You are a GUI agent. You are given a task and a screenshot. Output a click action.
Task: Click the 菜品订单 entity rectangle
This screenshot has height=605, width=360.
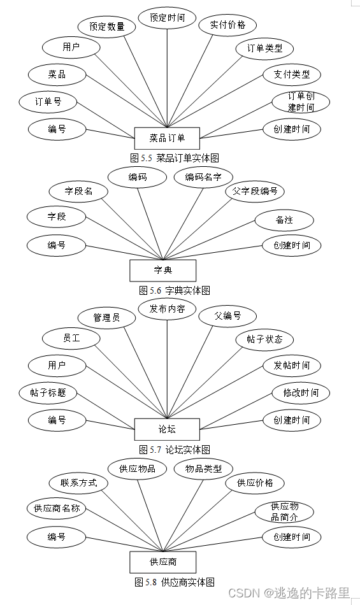[x=168, y=138]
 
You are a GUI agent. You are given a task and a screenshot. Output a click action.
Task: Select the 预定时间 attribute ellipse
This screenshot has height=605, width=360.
[x=168, y=18]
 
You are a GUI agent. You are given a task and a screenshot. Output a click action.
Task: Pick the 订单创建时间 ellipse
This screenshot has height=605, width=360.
[x=301, y=102]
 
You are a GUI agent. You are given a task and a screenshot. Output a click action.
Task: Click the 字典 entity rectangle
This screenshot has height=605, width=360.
[x=162, y=270]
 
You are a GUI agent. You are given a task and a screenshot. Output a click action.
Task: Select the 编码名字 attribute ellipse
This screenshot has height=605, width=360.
[x=203, y=177]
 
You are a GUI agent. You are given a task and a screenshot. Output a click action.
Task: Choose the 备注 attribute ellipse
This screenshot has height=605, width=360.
[x=284, y=220]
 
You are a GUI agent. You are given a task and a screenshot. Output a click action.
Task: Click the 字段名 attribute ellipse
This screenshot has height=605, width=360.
[x=78, y=191]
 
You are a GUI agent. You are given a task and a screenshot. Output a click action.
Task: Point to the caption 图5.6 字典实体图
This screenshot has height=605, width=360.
[x=175, y=290]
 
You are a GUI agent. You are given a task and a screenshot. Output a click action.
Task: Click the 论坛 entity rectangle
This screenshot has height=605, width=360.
[x=168, y=429]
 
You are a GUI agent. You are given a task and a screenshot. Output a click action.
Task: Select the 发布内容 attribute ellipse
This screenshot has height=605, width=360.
[x=168, y=309]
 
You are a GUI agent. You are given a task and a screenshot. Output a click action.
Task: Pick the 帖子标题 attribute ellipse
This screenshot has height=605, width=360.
[x=48, y=393]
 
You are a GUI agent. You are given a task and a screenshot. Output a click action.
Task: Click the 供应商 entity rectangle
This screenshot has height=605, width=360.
[x=162, y=562]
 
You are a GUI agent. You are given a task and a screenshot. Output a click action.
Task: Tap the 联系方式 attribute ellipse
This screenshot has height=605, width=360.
[x=79, y=483]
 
